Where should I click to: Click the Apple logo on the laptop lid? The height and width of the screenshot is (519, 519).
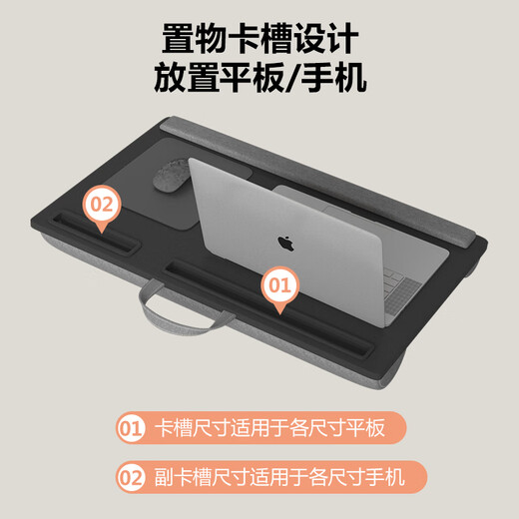tap(283, 242)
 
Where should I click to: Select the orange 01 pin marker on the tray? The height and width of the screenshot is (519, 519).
tap(280, 286)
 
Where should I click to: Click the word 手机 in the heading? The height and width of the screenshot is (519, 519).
tap(336, 78)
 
